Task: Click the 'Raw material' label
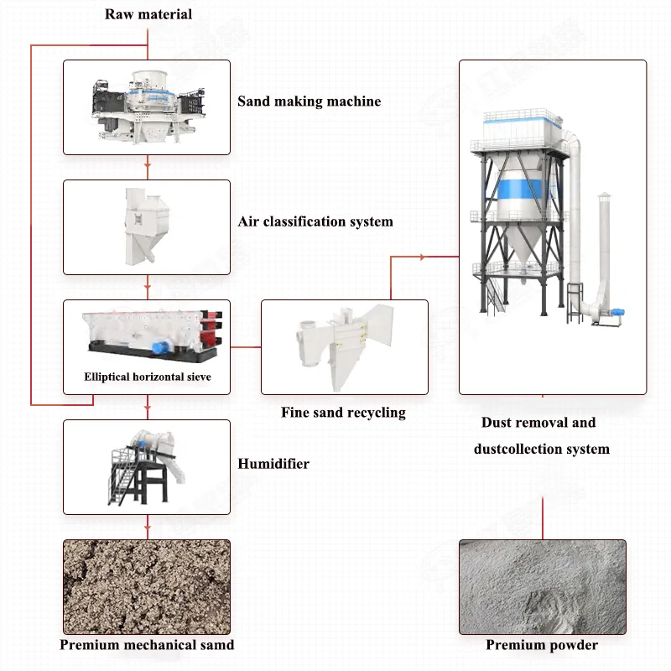[x=148, y=13]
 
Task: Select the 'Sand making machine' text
[x=309, y=101]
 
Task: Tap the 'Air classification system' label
[x=315, y=221]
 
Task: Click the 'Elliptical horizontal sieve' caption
[x=147, y=377]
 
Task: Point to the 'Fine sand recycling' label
[x=343, y=412]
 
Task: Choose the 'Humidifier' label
[x=273, y=463]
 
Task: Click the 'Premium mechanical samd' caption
[x=147, y=644]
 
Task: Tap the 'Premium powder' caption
[x=542, y=644]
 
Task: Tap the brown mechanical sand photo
[x=147, y=586]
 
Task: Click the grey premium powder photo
[x=542, y=586]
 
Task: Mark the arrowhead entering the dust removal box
[x=453, y=257]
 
